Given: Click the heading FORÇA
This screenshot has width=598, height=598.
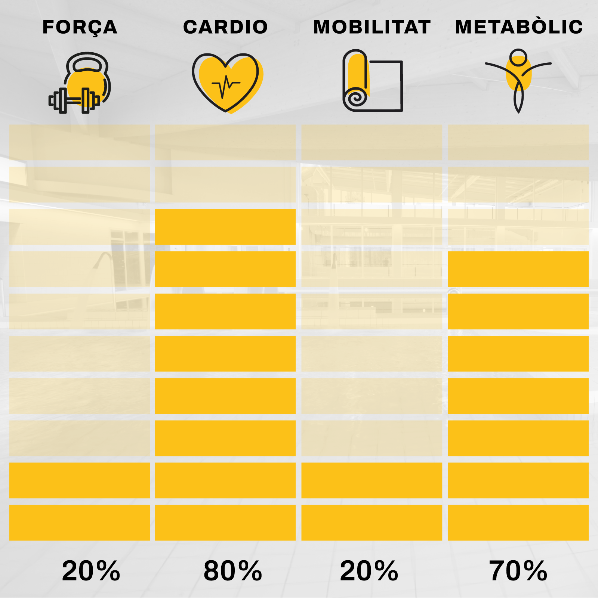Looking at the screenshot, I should (80, 27).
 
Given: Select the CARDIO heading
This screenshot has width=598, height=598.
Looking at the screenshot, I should (225, 27).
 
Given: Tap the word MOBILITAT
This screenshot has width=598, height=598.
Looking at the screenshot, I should (372, 27).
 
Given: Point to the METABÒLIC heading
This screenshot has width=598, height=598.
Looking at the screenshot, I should (519, 27).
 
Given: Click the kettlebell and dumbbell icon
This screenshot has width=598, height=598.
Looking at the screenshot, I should (80, 83).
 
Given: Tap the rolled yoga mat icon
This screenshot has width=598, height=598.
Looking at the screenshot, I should (372, 81).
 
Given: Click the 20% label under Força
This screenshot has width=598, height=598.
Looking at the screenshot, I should (91, 571).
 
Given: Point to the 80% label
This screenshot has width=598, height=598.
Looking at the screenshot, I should (232, 571).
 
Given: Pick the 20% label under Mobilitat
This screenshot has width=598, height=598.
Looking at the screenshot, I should (369, 571).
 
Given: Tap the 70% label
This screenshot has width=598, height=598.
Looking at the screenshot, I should (518, 571).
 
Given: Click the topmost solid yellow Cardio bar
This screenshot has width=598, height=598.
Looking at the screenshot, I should (225, 227).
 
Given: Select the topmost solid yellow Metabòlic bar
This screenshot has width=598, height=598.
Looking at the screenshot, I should (518, 269).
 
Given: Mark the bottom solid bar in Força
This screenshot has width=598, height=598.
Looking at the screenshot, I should (79, 523).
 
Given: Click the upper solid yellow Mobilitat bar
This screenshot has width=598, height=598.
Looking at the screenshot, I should (372, 480).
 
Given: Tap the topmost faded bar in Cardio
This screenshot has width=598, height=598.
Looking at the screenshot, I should (225, 142).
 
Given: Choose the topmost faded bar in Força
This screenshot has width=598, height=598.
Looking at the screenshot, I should (79, 142).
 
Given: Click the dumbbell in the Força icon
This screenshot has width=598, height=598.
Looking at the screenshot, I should (74, 100).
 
